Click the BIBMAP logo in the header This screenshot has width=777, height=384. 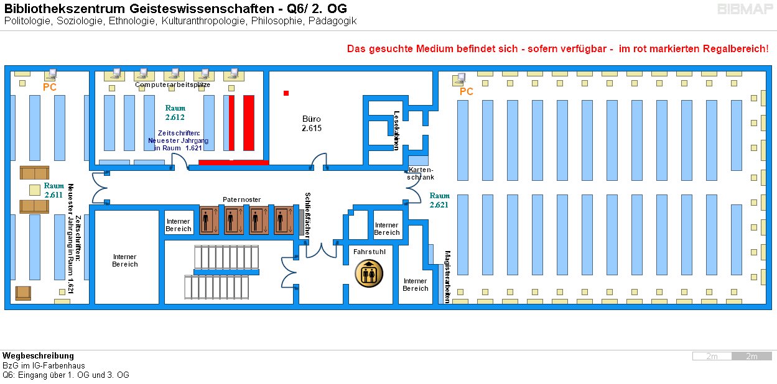[744, 9]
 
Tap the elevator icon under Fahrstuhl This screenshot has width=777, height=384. [369, 273]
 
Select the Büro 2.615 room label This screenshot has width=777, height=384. [311, 123]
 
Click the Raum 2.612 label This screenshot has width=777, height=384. [175, 112]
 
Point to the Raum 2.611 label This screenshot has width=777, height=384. [54, 190]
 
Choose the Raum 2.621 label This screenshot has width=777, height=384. [439, 200]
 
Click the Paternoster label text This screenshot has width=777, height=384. [241, 199]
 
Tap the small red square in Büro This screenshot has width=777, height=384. [286, 93]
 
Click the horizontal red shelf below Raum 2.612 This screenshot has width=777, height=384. [233, 163]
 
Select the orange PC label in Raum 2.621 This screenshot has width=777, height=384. [466, 92]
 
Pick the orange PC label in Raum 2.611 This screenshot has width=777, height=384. [50, 88]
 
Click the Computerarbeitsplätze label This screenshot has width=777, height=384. [172, 85]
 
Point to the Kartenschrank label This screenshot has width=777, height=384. [421, 173]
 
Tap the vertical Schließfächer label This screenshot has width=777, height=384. [307, 214]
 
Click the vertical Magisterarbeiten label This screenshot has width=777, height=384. [447, 277]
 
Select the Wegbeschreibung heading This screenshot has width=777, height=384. [38, 356]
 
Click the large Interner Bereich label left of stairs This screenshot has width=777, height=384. [124, 260]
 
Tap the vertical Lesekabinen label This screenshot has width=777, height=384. [396, 130]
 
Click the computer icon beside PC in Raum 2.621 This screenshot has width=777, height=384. [461, 78]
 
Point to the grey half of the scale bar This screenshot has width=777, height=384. [751, 356]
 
